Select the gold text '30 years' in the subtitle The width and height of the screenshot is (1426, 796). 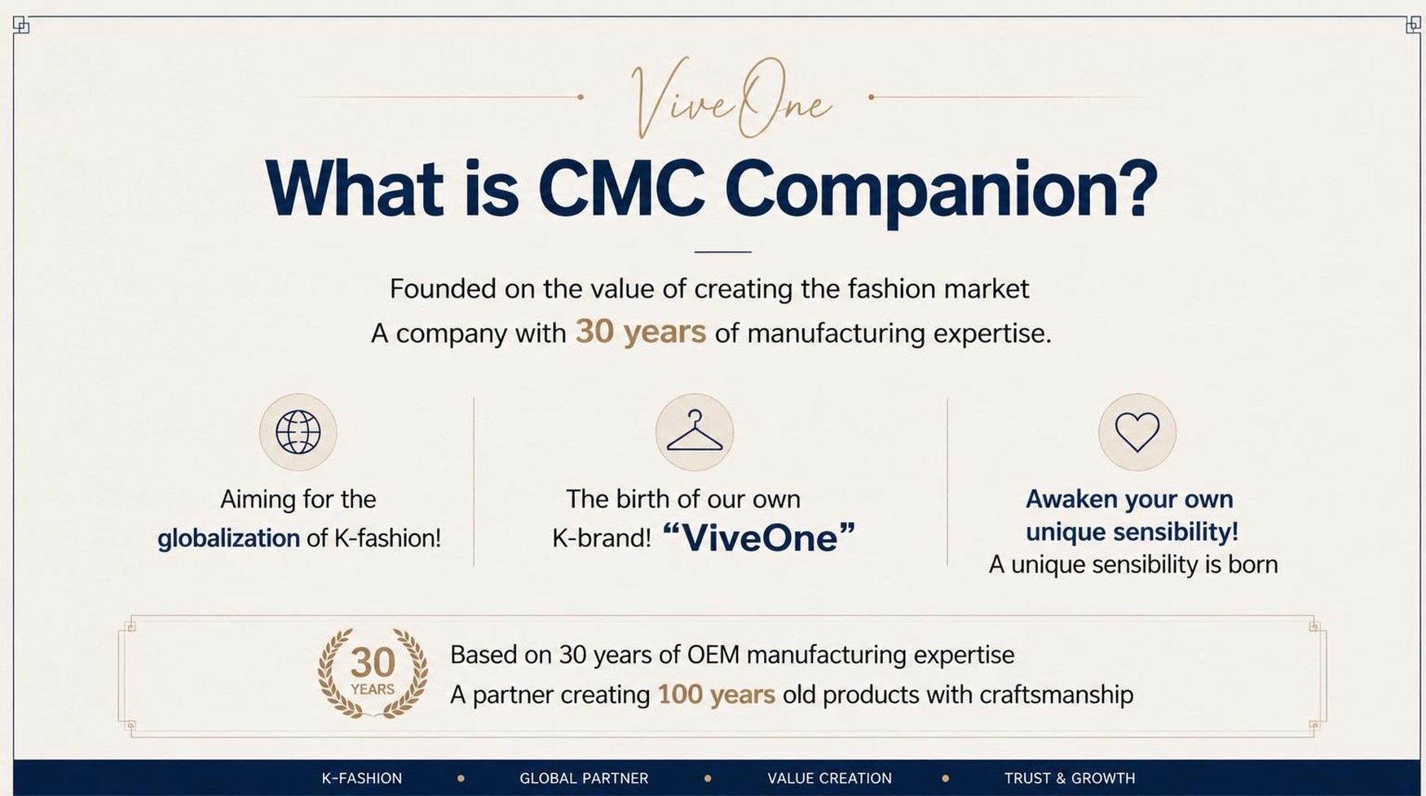pyautogui.click(x=641, y=332)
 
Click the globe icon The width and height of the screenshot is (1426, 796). pyautogui.click(x=298, y=432)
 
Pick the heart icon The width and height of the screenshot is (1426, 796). pyautogui.click(x=1137, y=432)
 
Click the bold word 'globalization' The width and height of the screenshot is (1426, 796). pyautogui.click(x=228, y=538)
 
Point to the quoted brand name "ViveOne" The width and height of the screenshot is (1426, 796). pyautogui.click(x=759, y=537)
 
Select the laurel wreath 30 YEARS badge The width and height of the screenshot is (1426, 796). pyautogui.click(x=373, y=673)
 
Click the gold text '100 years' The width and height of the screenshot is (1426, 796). pyautogui.click(x=717, y=695)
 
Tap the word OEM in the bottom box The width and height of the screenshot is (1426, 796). pyautogui.click(x=713, y=655)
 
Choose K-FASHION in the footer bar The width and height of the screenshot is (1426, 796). pyautogui.click(x=362, y=778)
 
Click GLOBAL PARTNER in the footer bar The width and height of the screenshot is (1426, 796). pyautogui.click(x=584, y=778)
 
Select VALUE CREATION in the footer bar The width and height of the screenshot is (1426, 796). pyautogui.click(x=829, y=778)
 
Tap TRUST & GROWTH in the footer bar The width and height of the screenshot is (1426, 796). pyautogui.click(x=1070, y=778)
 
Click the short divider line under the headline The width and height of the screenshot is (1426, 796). pyautogui.click(x=723, y=252)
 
